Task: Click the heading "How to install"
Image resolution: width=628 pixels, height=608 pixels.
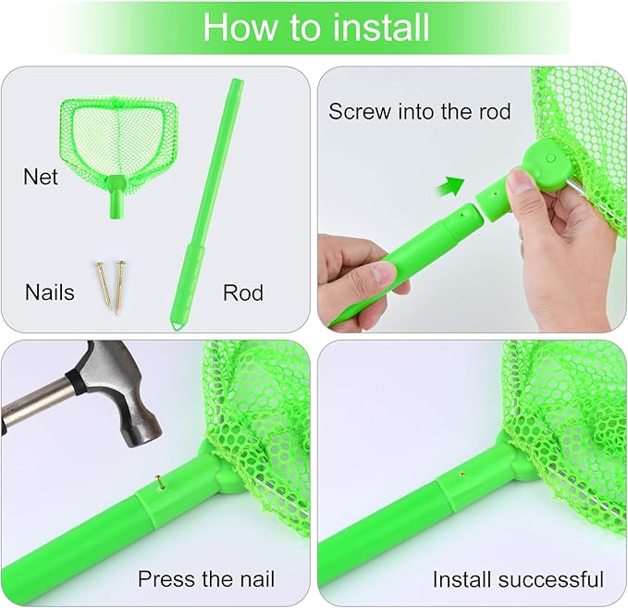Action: pos(315,27)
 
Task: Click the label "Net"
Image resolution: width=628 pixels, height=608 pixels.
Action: pos(41,176)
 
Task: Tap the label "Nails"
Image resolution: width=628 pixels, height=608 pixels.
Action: pos(50,292)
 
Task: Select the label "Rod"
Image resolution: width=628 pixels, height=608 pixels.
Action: pos(242,292)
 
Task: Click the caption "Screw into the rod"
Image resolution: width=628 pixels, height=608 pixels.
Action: pos(419,112)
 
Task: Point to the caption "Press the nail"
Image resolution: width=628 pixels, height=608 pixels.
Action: pos(206,579)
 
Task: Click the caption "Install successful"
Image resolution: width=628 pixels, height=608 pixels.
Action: pos(518,579)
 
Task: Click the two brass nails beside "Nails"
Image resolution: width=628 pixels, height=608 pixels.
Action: pos(111,285)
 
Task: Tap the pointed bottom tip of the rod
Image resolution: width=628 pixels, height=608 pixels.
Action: pos(176,323)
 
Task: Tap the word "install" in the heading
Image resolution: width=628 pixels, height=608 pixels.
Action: pos(381,27)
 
